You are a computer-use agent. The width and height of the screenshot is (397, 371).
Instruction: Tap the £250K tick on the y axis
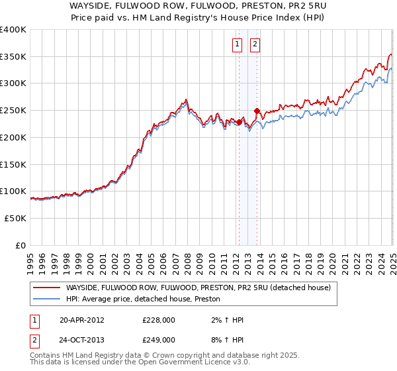tap(13, 111)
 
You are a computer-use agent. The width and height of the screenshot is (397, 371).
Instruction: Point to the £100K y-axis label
tap(13, 191)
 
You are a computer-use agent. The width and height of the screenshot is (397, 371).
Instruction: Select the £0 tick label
tap(21, 245)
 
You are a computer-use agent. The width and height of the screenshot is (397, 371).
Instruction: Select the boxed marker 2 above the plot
tap(255, 44)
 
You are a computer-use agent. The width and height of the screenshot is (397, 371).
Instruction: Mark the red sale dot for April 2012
tap(239, 122)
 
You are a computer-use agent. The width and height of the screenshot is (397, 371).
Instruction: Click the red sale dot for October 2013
tap(257, 111)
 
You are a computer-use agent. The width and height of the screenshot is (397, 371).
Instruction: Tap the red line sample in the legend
tap(47, 288)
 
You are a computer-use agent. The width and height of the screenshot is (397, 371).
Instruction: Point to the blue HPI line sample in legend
tap(47, 299)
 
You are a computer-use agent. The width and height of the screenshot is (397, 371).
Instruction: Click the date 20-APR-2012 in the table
tap(81, 320)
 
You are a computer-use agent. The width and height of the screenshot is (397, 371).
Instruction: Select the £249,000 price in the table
tap(158, 339)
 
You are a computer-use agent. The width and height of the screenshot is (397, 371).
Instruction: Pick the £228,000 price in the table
tap(158, 320)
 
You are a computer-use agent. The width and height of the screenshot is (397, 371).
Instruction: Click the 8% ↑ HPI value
tap(225, 339)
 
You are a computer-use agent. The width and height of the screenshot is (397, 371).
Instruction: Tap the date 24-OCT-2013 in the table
tap(81, 339)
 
